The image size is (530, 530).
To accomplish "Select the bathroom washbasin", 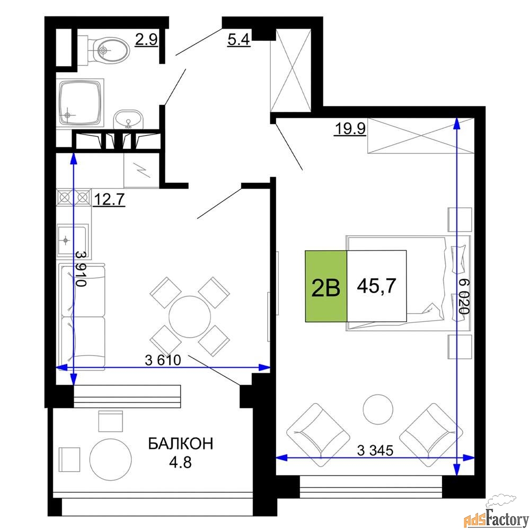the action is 128,119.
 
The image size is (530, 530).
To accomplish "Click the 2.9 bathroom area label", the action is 146,40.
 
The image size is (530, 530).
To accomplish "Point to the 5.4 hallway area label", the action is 238,40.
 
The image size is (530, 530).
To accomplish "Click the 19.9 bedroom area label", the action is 350,129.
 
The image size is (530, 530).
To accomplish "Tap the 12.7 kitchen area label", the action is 109,199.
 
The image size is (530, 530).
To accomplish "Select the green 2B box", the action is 326,286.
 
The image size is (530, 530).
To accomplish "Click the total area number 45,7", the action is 376,286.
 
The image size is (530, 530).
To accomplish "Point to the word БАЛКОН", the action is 181,444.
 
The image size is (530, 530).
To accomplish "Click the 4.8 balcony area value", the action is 181,462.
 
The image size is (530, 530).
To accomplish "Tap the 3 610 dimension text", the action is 163,360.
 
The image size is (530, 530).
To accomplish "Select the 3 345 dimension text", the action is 375,450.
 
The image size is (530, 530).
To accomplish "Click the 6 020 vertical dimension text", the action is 464,296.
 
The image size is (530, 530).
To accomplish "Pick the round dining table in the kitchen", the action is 190,317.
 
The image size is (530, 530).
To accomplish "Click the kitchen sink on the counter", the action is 73,240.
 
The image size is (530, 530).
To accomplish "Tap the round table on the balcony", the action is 111,460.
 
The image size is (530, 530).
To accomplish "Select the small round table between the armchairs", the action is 378,409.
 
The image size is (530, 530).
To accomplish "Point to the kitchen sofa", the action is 82,317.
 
